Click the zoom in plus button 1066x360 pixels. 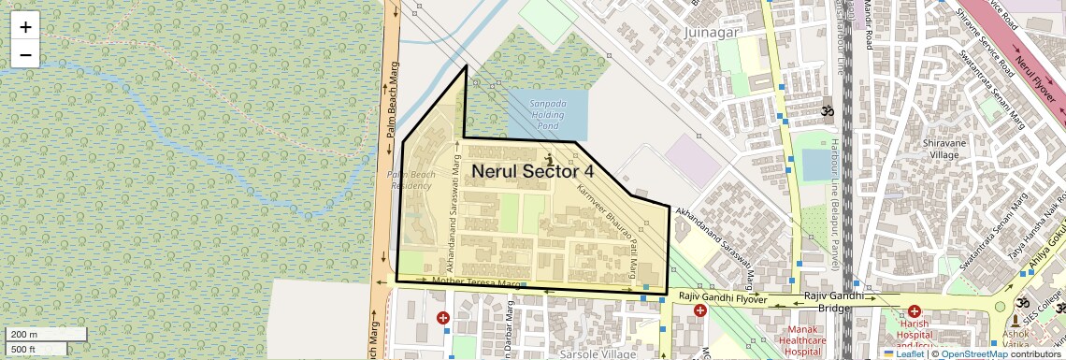pos(25,27)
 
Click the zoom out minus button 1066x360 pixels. pos(25,54)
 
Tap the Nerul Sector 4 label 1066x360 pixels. pos(532,171)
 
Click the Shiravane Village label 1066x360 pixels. pos(949,149)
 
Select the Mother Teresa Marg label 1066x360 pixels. pos(475,281)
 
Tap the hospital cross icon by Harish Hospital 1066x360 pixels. pos(914,311)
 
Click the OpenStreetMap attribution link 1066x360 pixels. pos(973,354)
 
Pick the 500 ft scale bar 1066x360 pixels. pos(37,349)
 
